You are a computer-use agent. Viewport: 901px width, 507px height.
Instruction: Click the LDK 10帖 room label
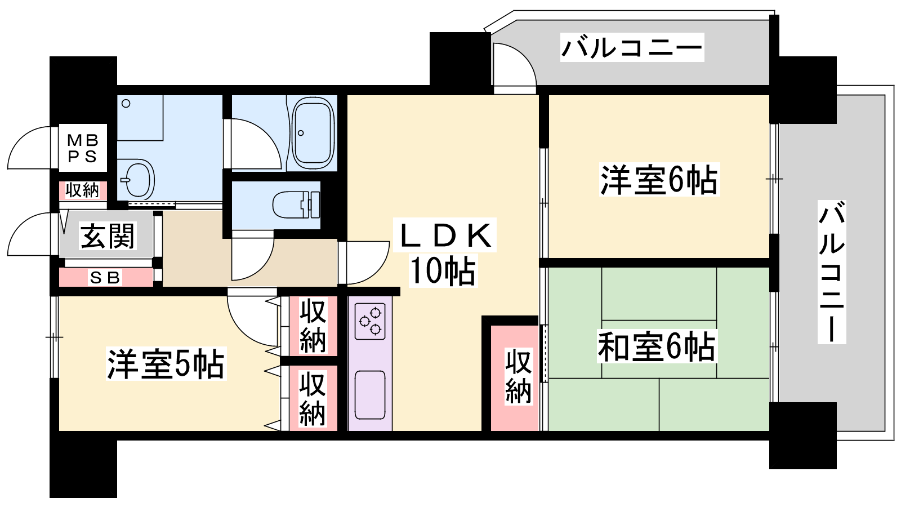tap(445, 252)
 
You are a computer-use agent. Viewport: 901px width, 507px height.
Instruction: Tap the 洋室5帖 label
tap(166, 364)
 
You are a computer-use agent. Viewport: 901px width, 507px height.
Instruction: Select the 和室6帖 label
tap(657, 346)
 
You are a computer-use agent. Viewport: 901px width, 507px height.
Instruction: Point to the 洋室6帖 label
tap(659, 180)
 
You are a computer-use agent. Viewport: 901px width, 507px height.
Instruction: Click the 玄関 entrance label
tap(107, 236)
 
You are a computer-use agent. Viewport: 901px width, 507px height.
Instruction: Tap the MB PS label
tap(83, 148)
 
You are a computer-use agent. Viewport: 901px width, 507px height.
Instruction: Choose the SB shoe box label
tap(105, 278)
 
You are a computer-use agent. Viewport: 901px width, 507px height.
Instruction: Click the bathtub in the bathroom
tap(313, 132)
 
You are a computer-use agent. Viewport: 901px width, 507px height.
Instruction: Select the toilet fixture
tap(296, 204)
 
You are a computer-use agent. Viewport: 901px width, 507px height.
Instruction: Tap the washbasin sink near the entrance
tap(137, 180)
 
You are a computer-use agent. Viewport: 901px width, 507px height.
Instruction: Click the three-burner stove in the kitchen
tap(370, 322)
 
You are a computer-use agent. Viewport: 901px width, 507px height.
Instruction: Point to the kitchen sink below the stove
tap(370, 395)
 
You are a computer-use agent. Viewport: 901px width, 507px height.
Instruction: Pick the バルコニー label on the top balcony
tap(632, 47)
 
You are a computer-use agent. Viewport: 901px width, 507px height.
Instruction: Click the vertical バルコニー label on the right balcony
tap(832, 272)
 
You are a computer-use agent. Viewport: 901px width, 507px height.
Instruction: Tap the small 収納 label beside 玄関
tap(82, 190)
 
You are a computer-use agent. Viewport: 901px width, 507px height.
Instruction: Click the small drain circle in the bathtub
tap(301, 133)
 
